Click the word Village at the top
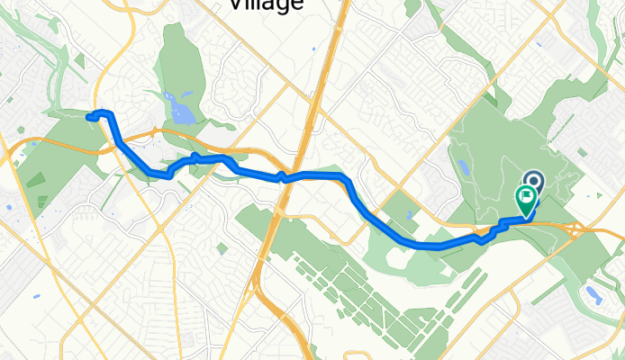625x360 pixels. (x=266, y=4)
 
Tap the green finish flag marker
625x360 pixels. (x=525, y=198)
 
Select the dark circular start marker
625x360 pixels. (x=532, y=182)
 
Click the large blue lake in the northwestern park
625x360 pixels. (x=183, y=112)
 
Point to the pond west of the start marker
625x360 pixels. (x=465, y=167)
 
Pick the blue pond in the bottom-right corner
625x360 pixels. (x=593, y=293)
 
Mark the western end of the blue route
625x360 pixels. (x=89, y=116)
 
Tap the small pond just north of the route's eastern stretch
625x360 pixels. (x=411, y=214)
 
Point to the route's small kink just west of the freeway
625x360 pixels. (x=282, y=176)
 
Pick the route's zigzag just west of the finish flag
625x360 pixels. (x=491, y=234)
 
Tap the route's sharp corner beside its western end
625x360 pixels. (x=108, y=113)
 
